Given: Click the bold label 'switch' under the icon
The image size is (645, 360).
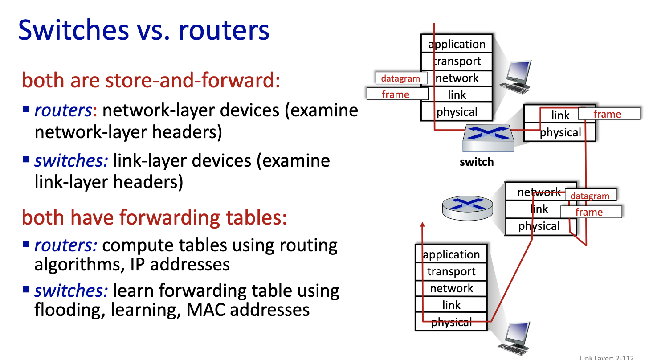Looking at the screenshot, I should [477, 162].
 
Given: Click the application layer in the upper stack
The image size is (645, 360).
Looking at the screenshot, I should [457, 44].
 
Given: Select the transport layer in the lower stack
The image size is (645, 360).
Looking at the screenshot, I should [451, 271].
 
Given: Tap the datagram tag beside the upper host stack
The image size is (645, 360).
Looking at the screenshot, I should [401, 78].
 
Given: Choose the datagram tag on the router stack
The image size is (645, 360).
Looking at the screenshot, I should [590, 196].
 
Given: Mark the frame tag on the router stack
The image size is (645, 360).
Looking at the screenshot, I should [590, 212].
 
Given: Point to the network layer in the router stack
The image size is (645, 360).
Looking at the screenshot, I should [539, 192].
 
